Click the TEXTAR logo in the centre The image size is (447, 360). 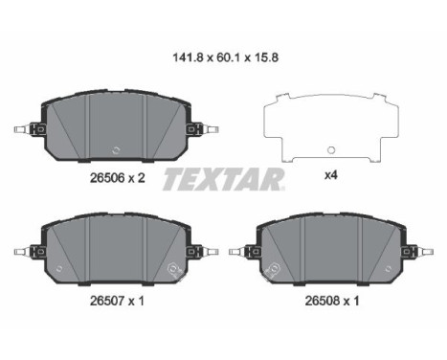point(224,179)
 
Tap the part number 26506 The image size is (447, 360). point(107,178)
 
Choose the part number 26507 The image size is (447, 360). point(107,301)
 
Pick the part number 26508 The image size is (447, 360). point(323,301)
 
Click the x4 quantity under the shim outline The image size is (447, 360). point(331,175)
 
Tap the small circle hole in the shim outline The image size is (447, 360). point(331,149)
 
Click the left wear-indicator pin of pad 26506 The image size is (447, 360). point(22,129)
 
